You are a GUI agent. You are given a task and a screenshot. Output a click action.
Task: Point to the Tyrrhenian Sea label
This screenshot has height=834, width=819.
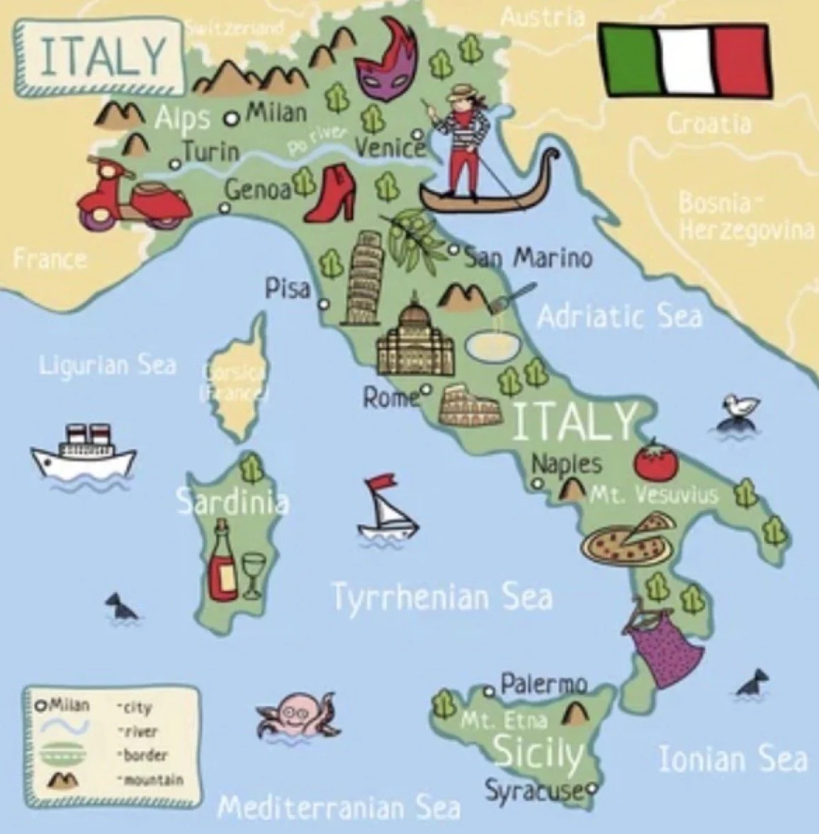click(x=442, y=597)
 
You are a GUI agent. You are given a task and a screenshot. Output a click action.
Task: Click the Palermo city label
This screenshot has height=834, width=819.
click(x=543, y=684)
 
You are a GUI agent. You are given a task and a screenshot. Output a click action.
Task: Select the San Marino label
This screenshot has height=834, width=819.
click(x=529, y=258)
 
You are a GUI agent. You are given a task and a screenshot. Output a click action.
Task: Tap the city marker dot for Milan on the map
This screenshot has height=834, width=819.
click(x=230, y=118)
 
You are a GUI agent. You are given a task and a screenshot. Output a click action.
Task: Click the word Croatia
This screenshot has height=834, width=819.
click(x=708, y=124)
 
